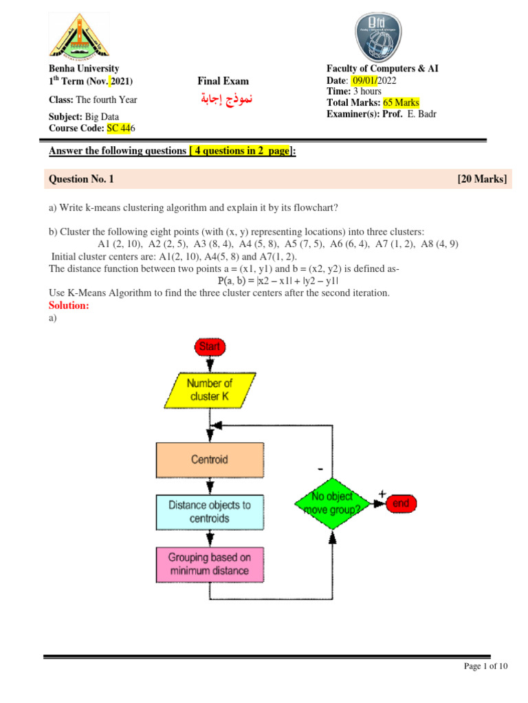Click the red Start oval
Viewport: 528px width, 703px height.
click(209, 347)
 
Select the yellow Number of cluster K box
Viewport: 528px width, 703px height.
click(209, 390)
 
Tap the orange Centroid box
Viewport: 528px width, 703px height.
click(210, 459)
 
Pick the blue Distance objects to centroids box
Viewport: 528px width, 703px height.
click(210, 511)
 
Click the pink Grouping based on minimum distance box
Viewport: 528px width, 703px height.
click(210, 564)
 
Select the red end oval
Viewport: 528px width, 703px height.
click(400, 504)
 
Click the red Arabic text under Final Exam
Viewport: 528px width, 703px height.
click(223, 99)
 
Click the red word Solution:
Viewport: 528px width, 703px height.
click(69, 306)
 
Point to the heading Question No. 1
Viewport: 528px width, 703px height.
click(81, 180)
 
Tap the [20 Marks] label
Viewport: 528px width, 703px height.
click(482, 180)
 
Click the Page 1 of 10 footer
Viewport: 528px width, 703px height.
click(486, 667)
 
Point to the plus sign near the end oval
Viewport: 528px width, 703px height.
click(382, 493)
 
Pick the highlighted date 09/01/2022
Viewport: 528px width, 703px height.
click(375, 80)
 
